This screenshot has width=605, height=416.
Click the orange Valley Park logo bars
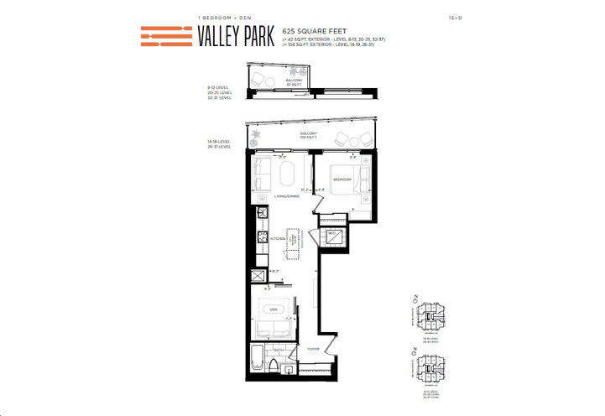[x=166, y=36]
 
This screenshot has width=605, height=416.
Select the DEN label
[x=272, y=309]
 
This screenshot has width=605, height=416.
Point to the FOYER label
[x=313, y=348]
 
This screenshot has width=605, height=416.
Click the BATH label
[x=278, y=349]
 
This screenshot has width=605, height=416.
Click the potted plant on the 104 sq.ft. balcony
[x=255, y=137]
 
